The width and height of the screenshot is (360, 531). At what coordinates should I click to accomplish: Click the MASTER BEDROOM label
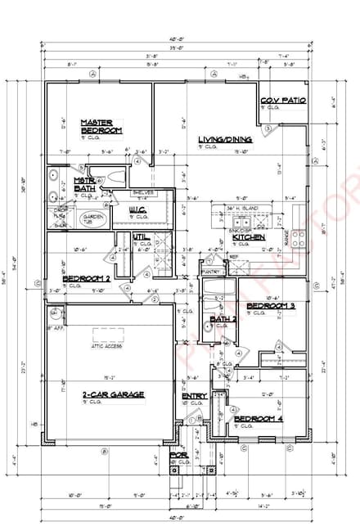[x=101, y=127]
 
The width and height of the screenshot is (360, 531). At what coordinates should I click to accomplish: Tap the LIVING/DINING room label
[x=225, y=140]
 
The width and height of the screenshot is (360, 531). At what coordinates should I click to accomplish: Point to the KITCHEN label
[x=249, y=236]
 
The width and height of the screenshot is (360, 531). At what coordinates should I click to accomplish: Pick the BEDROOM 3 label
[x=270, y=305]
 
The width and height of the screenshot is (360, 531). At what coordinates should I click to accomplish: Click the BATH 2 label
[x=223, y=318]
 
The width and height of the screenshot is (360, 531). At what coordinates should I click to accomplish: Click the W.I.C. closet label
[x=137, y=209]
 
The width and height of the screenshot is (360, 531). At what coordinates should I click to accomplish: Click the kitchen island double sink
[x=243, y=223]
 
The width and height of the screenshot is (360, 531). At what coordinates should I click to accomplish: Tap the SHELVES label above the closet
[x=142, y=192]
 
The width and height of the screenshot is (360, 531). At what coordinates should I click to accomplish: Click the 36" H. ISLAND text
[x=245, y=209]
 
